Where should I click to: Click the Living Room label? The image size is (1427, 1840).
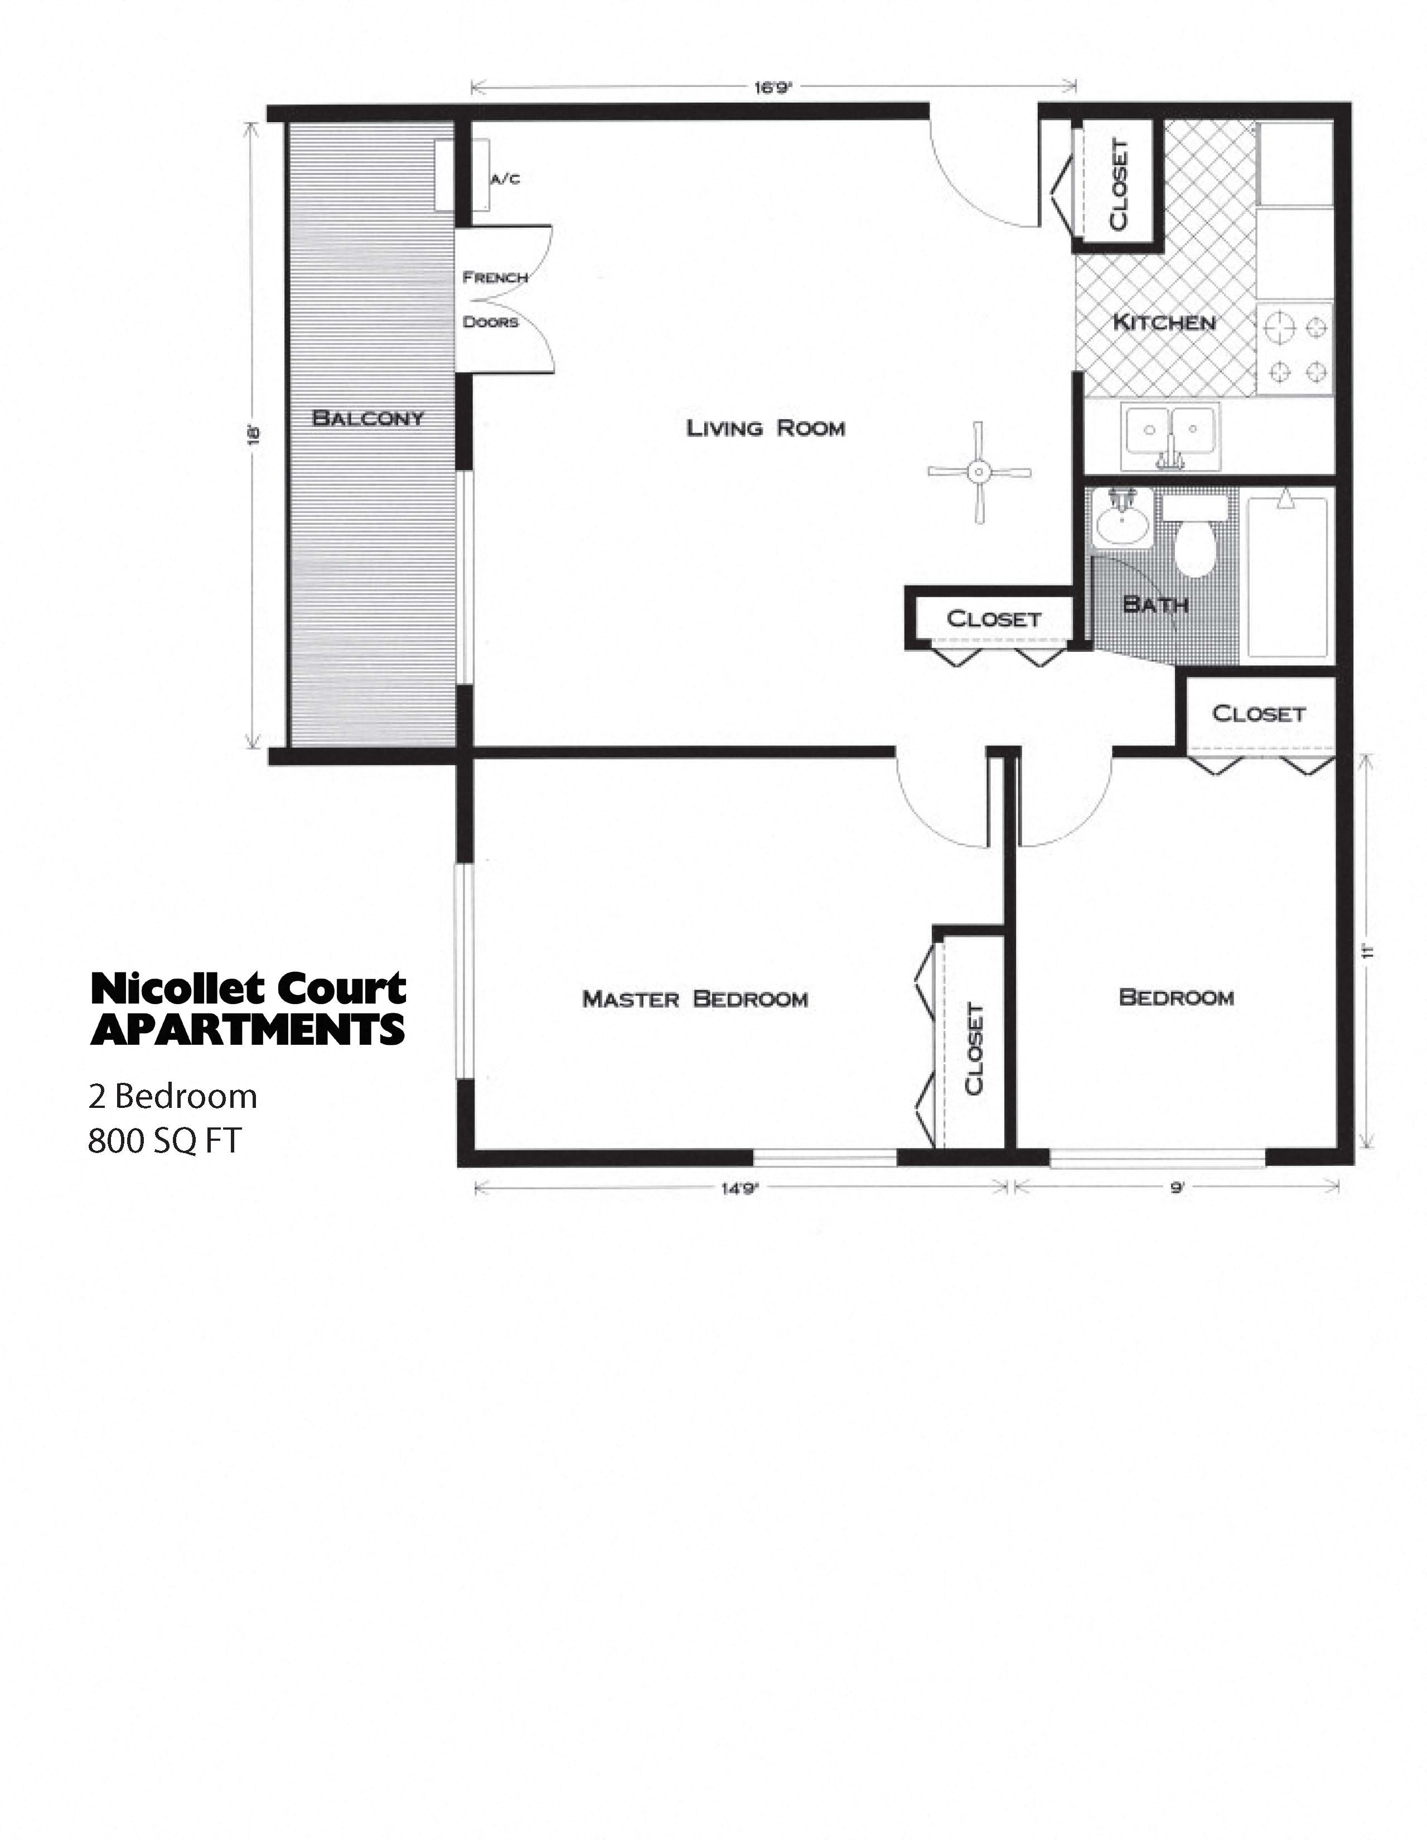point(766,428)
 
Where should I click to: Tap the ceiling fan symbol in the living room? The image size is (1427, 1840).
point(979,472)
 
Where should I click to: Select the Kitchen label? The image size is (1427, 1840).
point(1163,322)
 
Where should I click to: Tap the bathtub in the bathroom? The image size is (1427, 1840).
point(1286,577)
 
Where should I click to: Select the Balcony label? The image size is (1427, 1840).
point(368,418)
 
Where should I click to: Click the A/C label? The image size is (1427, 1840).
point(505,178)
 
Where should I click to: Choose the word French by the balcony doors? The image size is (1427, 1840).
point(495,277)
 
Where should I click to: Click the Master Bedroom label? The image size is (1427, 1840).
point(695,999)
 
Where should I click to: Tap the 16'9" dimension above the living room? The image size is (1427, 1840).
point(774,86)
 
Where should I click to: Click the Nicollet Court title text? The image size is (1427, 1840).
point(249,988)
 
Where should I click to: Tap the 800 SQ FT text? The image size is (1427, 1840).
point(165,1141)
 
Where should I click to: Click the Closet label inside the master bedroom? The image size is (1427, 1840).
point(974,1049)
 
